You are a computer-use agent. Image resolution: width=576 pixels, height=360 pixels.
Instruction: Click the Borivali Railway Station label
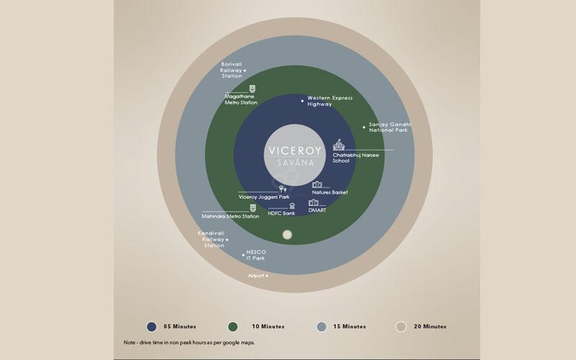(x=231, y=70)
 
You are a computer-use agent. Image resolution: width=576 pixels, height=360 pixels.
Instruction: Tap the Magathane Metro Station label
(x=241, y=99)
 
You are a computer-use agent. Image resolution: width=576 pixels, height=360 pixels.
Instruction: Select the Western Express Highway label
(x=330, y=101)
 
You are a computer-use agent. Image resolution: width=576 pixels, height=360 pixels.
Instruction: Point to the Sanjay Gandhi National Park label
(x=390, y=127)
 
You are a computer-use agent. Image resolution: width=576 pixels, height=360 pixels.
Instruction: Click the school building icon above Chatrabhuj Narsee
(x=338, y=145)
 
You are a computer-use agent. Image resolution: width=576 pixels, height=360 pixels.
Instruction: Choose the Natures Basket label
(x=330, y=192)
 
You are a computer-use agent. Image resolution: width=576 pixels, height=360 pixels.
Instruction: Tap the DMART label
(x=317, y=210)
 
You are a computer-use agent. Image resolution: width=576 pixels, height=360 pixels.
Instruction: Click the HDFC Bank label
(x=282, y=213)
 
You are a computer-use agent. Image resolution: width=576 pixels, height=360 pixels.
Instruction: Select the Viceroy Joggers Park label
(x=264, y=197)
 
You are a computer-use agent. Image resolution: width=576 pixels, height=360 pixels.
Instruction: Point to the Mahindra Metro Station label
(x=230, y=217)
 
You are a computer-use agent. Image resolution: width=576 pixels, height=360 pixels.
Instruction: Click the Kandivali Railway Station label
(x=212, y=239)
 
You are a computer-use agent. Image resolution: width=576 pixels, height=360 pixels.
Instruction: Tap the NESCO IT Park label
(x=256, y=255)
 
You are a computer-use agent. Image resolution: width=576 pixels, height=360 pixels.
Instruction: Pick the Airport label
(x=256, y=276)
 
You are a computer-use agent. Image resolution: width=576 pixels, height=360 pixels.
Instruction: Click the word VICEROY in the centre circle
(x=295, y=150)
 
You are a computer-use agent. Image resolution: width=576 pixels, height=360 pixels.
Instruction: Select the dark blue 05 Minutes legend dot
(x=151, y=327)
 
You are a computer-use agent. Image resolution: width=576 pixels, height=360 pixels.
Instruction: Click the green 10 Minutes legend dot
(x=233, y=327)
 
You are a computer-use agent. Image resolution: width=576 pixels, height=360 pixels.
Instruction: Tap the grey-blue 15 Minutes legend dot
(x=321, y=327)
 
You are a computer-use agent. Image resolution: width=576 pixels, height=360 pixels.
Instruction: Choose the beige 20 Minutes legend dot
(x=401, y=327)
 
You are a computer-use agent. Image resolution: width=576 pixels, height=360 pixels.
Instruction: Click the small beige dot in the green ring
(x=287, y=235)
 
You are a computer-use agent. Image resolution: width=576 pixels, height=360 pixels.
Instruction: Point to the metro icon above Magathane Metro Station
(x=253, y=89)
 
